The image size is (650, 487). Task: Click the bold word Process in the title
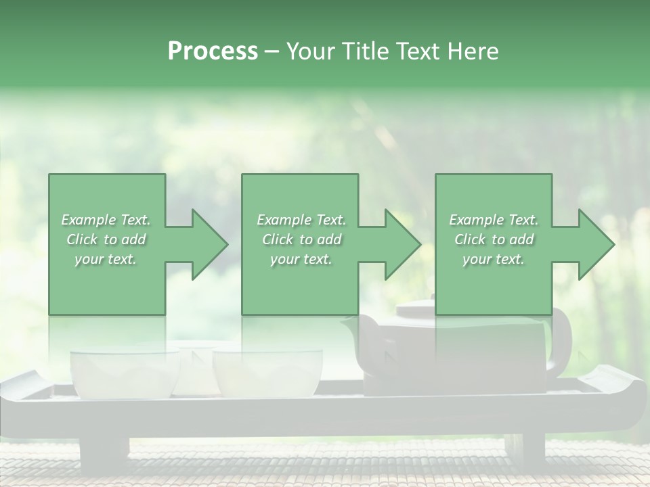[213, 51]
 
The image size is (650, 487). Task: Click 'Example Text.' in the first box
[106, 220]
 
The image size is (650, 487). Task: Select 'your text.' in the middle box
[301, 259]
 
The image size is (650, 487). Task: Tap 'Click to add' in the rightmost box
[494, 239]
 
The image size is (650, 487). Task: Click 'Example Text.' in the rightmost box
[494, 220]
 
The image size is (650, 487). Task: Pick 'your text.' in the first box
[106, 259]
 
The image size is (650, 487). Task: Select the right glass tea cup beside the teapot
[267, 373]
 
